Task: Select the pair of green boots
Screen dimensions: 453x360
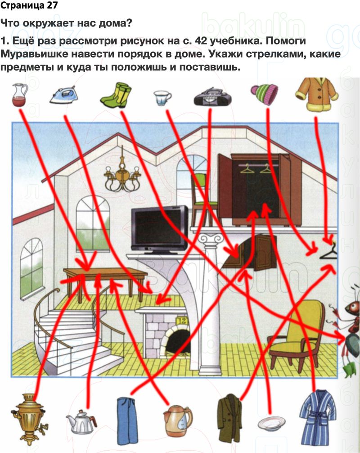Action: [x=115, y=94]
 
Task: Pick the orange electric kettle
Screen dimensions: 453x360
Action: [x=177, y=419]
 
